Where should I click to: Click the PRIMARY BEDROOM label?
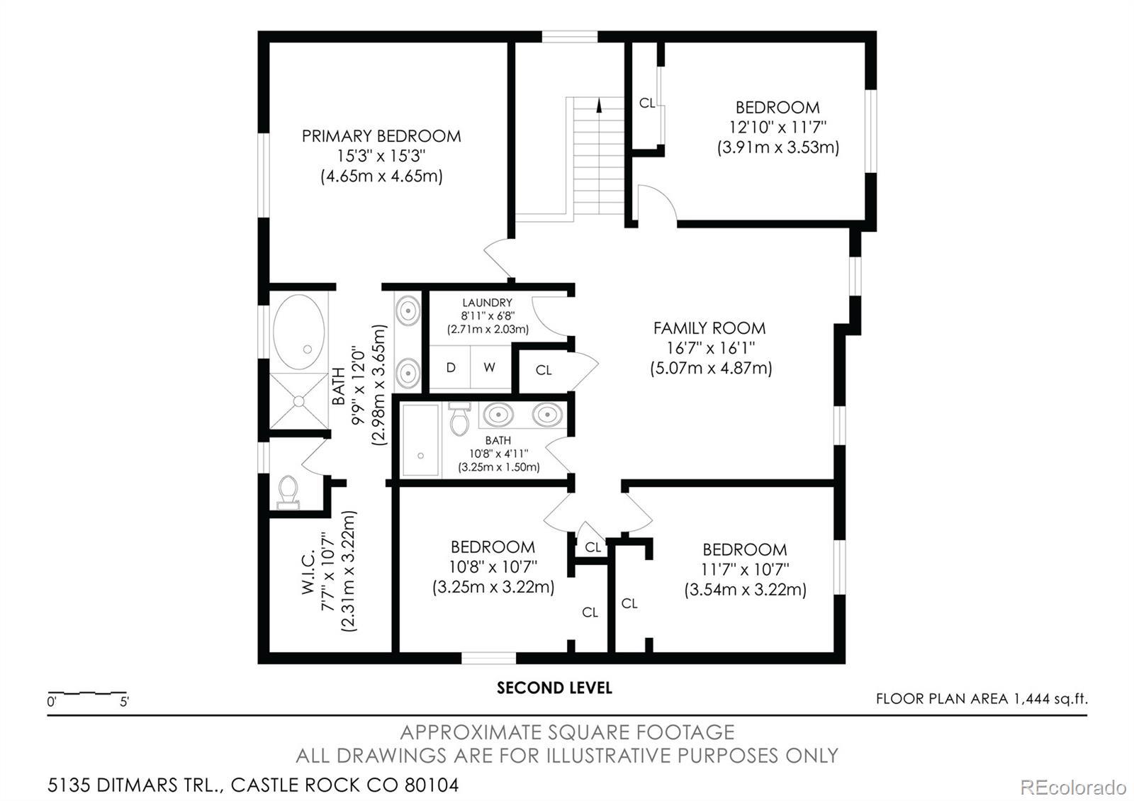pos(381,136)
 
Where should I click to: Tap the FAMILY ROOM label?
pos(709,328)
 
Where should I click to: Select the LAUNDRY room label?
pos(487,302)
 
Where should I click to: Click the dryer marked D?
pos(451,367)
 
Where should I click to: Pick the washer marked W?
pos(490,367)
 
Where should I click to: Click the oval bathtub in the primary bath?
pos(298,332)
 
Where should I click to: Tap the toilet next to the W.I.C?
pos(288,492)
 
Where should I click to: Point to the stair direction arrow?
pos(600,106)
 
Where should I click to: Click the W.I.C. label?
pos(308,572)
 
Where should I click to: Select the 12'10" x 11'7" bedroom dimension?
pos(777,127)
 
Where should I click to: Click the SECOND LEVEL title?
pos(554,688)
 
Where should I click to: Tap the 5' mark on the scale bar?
pos(124,702)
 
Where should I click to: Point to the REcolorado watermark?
pos(1073,788)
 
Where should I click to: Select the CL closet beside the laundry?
pos(544,370)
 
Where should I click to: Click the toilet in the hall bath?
pos(460,419)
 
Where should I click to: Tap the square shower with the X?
pos(298,401)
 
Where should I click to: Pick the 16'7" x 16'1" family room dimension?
pos(711,348)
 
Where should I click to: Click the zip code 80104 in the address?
pos(432,785)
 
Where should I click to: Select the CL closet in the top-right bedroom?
pos(647,103)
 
